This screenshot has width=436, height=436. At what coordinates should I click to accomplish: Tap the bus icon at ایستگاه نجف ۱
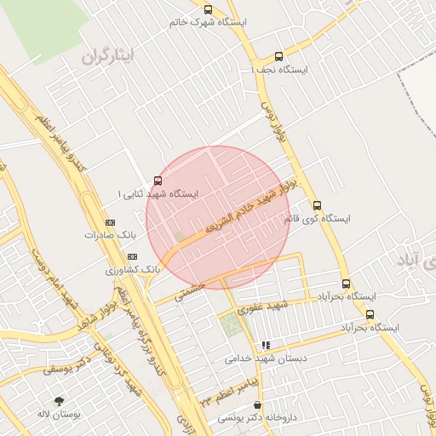click(279, 58)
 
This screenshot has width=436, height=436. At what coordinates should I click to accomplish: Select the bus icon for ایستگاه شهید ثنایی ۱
click(158, 181)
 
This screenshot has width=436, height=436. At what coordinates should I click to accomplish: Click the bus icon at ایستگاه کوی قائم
click(317, 205)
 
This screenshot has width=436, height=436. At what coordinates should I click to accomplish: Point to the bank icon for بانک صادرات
click(109, 221)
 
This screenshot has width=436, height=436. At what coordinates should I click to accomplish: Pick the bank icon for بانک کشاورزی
click(131, 256)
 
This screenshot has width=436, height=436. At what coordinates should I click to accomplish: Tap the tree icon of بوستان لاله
click(59, 401)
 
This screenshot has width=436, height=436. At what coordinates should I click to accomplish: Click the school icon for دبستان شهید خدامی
click(267, 346)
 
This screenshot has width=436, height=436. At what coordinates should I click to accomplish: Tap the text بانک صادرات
click(111, 233)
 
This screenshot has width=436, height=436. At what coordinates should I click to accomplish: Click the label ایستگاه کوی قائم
click(317, 219)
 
